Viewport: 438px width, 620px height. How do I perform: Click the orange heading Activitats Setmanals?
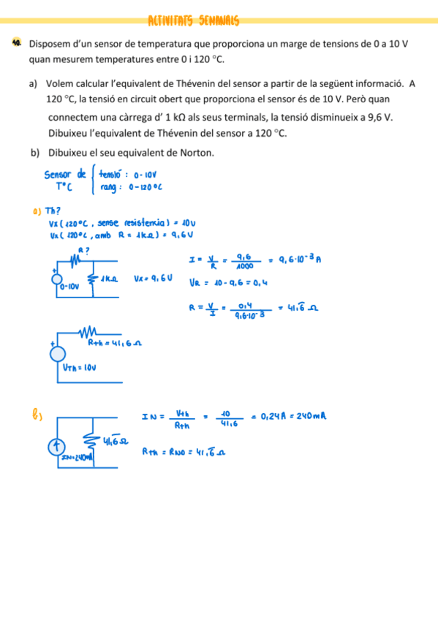[x=194, y=20]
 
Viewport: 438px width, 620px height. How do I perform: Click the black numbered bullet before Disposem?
[x=17, y=44]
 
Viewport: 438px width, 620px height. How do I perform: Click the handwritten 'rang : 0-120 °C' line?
[x=131, y=188]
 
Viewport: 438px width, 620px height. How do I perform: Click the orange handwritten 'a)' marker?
[x=37, y=211]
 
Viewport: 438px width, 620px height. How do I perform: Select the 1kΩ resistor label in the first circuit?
[x=110, y=278]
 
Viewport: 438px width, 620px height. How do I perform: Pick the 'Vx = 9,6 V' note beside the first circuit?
[x=153, y=278]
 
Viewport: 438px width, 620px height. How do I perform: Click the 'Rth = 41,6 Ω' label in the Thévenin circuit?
[x=113, y=342]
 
